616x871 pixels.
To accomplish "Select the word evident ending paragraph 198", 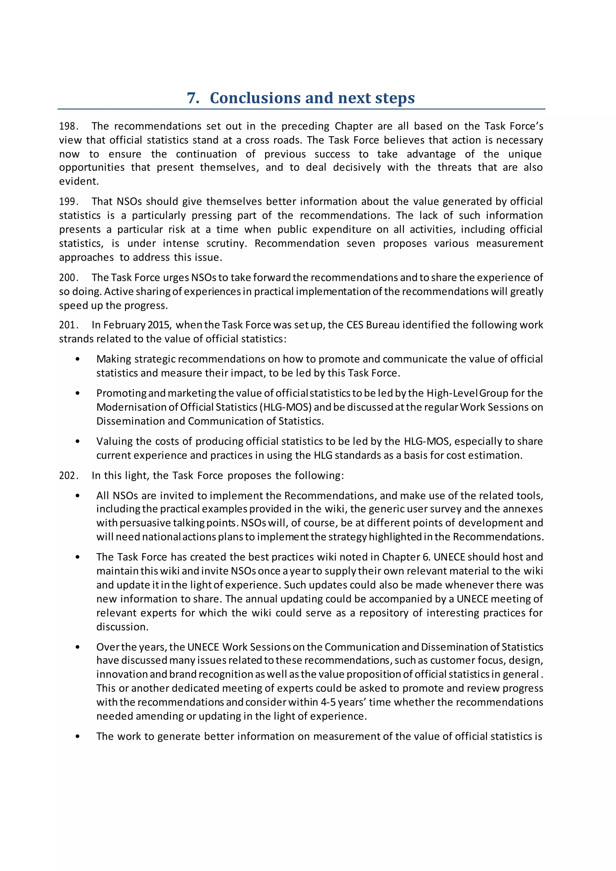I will pos(79,181).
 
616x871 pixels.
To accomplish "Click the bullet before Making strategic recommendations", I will pos(78,359).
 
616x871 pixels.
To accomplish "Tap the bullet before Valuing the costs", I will pos(78,442).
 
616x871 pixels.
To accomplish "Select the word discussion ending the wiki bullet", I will pos(122,627).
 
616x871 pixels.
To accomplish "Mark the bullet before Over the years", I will pos(78,647).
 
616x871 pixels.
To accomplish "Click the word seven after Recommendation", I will pos(360,244).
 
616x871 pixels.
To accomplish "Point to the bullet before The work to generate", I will pos(78,736).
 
